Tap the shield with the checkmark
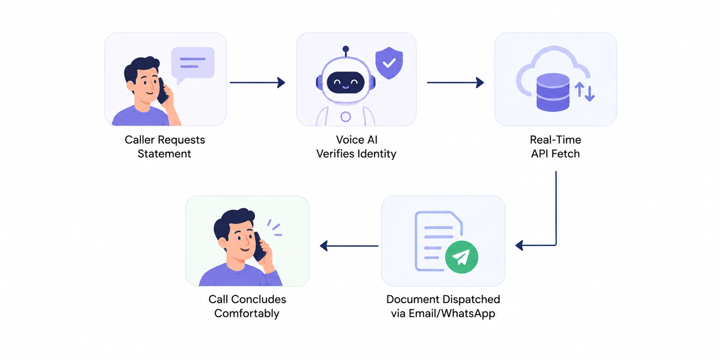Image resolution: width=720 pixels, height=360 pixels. (389, 63)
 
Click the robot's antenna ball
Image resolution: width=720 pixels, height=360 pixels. (346, 49)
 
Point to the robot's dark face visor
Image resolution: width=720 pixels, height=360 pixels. (346, 83)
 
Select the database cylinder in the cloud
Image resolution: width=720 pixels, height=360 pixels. (553, 93)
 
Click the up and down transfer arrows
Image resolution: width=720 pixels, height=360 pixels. (584, 92)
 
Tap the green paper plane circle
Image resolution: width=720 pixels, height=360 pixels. (461, 257)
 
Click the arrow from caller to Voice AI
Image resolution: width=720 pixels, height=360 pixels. (257, 82)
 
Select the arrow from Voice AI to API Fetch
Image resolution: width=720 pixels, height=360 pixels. (455, 82)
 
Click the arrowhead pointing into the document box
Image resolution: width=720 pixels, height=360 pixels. (519, 246)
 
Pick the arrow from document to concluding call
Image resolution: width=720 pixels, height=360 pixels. (349, 246)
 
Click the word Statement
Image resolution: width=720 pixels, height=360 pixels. (164, 154)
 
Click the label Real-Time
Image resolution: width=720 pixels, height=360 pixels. (555, 140)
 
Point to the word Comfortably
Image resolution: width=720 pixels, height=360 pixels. (247, 314)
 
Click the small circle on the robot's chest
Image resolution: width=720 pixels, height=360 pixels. (346, 117)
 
